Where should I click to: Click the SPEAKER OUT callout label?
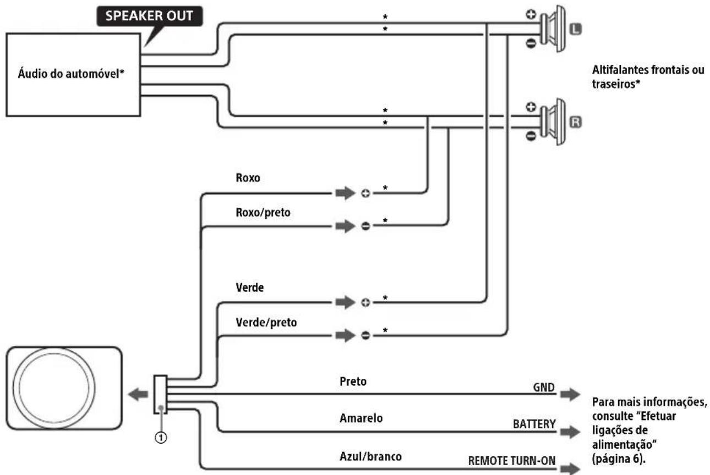click(150, 16)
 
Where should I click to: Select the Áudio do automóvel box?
click(73, 75)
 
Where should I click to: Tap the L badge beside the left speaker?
click(576, 30)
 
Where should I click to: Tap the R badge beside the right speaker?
click(576, 122)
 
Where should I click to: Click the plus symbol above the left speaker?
click(531, 14)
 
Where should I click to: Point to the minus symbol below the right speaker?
click(531, 136)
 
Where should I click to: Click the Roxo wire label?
click(248, 178)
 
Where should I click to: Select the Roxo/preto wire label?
click(263, 212)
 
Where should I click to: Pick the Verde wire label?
click(250, 288)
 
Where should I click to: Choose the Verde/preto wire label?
click(266, 322)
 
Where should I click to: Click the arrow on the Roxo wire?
click(346, 193)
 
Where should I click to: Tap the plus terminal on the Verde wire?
click(365, 303)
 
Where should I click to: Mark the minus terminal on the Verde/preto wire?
click(365, 335)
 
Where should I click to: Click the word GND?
click(544, 387)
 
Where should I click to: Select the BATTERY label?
click(534, 424)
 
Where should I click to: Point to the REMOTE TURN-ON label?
click(512, 461)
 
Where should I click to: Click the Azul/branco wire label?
click(370, 456)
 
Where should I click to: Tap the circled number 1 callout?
click(161, 438)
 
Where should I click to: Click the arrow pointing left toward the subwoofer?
click(138, 394)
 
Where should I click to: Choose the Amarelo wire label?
click(361, 418)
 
